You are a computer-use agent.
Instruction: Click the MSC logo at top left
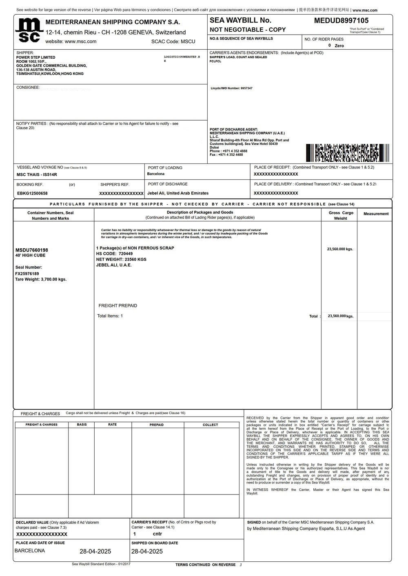pos(29,30)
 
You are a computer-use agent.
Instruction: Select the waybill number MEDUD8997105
pos(341,20)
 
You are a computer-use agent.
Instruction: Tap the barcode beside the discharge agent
pos(347,153)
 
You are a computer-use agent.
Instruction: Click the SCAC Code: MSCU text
pos(173,42)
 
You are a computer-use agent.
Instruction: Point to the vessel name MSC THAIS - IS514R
pos(37,174)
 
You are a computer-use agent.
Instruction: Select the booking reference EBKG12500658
pos(32,193)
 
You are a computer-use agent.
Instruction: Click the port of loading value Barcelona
pos(156,174)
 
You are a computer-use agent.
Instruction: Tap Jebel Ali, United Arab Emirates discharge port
pos(178,193)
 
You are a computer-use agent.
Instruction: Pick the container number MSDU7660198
pos(32,250)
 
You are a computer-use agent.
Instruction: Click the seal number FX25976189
pos(27,274)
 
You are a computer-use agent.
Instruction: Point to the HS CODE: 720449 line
pos(114,254)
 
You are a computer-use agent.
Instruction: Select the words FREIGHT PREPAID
pos(118,306)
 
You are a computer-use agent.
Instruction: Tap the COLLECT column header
pos(211,425)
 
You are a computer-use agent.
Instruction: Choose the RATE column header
pos(113,425)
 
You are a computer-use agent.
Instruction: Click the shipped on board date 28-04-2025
pos(147,552)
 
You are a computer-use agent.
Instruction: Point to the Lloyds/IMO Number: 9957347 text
pos(231,88)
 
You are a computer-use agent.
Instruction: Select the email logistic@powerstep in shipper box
pos(182,57)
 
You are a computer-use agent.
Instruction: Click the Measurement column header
pos(376,214)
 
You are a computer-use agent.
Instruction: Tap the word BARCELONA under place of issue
pos(30,551)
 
